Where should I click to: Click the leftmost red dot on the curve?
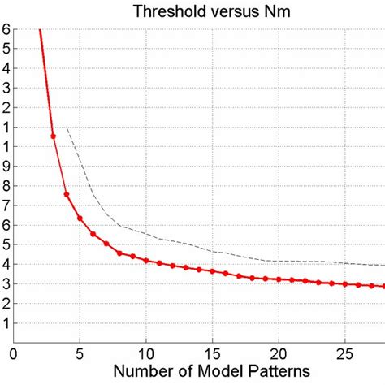click(54, 136)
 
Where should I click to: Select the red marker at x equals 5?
click(80, 218)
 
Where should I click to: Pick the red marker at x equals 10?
click(146, 261)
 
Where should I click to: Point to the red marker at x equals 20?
click(279, 279)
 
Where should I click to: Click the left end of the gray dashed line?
click(67, 128)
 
